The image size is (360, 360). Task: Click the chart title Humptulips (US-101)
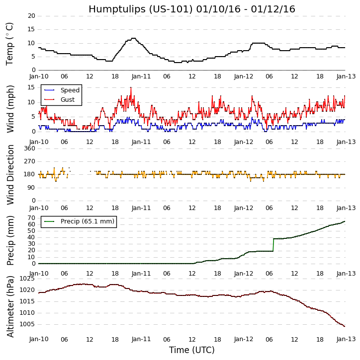point(191,9)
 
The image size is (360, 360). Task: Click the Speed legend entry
point(70,90)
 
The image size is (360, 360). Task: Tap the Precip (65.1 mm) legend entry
point(87,221)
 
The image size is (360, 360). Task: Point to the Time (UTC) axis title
point(191,350)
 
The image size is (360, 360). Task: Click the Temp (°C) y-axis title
point(10,43)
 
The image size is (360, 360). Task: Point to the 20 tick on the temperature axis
point(31,16)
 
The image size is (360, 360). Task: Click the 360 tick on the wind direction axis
point(29,148)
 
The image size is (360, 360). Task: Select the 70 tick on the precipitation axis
point(31,218)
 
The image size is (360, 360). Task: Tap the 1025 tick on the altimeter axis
point(27,279)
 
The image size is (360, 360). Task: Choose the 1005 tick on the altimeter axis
point(27,324)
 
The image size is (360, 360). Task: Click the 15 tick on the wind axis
point(31,87)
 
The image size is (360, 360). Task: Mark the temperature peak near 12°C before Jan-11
point(133,38)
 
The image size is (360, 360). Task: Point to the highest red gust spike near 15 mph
point(131,87)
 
